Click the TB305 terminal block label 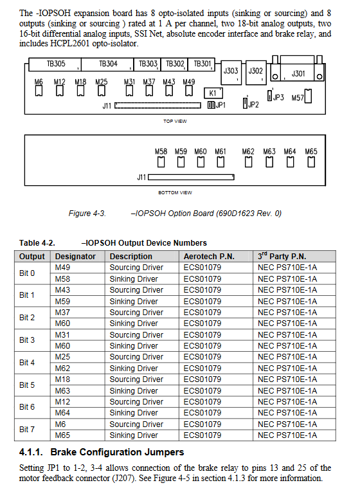(x=56, y=64)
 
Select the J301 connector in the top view (x=297, y=71)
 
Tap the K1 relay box (x=213, y=93)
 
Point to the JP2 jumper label (x=253, y=105)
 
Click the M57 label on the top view (x=297, y=98)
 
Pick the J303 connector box (x=231, y=73)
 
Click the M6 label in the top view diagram (x=39, y=82)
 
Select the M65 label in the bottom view (x=311, y=152)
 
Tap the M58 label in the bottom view (x=161, y=152)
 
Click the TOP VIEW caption (x=175, y=121)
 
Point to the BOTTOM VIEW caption (x=175, y=193)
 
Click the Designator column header (x=75, y=257)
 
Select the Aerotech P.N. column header (x=209, y=257)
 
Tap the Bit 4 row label (x=27, y=363)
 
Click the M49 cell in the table (x=62, y=268)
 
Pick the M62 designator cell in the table (x=62, y=368)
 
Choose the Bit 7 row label (x=27, y=429)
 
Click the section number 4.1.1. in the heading (x=31, y=452)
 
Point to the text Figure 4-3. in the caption (x=87, y=214)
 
